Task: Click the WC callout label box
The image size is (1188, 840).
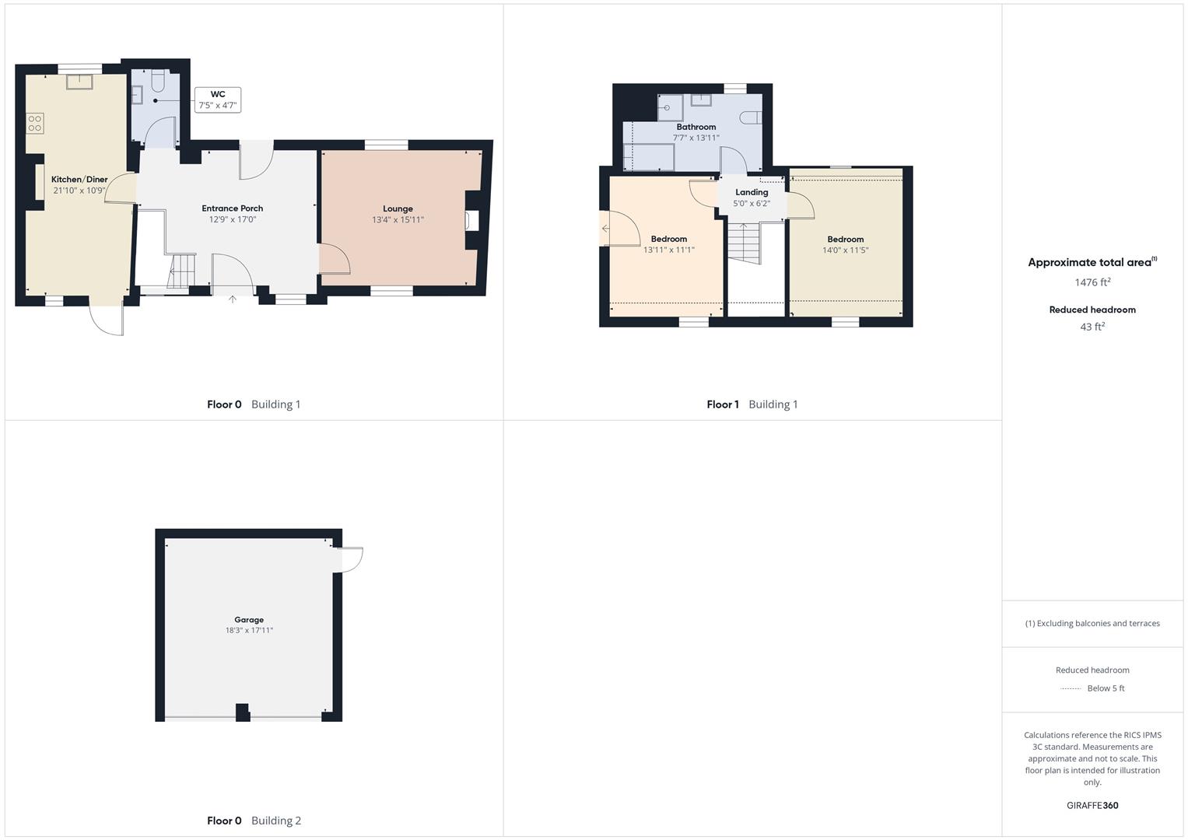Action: (x=217, y=100)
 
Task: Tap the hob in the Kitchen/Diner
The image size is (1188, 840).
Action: (x=35, y=123)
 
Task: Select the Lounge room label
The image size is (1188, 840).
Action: (x=398, y=208)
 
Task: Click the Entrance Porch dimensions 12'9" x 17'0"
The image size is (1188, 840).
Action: (x=233, y=219)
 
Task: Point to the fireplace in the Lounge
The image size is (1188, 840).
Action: (x=471, y=220)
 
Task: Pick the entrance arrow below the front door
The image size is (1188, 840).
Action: (x=233, y=299)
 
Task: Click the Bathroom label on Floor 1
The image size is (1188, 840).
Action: (x=696, y=127)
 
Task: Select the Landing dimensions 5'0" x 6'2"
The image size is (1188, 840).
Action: (x=752, y=203)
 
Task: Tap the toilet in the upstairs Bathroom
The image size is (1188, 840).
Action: (x=751, y=117)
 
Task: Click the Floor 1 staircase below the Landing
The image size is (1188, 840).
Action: (x=744, y=243)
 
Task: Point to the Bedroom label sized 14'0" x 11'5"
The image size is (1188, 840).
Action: (x=846, y=240)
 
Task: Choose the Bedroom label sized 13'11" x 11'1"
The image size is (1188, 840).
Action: (x=669, y=239)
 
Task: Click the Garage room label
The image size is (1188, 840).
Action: (x=249, y=619)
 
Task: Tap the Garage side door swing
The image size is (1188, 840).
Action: (x=351, y=560)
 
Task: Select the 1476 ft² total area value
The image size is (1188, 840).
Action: (x=1092, y=282)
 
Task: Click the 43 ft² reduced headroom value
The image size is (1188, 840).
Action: (x=1092, y=327)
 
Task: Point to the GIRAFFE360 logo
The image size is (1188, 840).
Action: (x=1092, y=805)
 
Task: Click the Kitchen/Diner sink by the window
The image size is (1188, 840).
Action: (x=79, y=82)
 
